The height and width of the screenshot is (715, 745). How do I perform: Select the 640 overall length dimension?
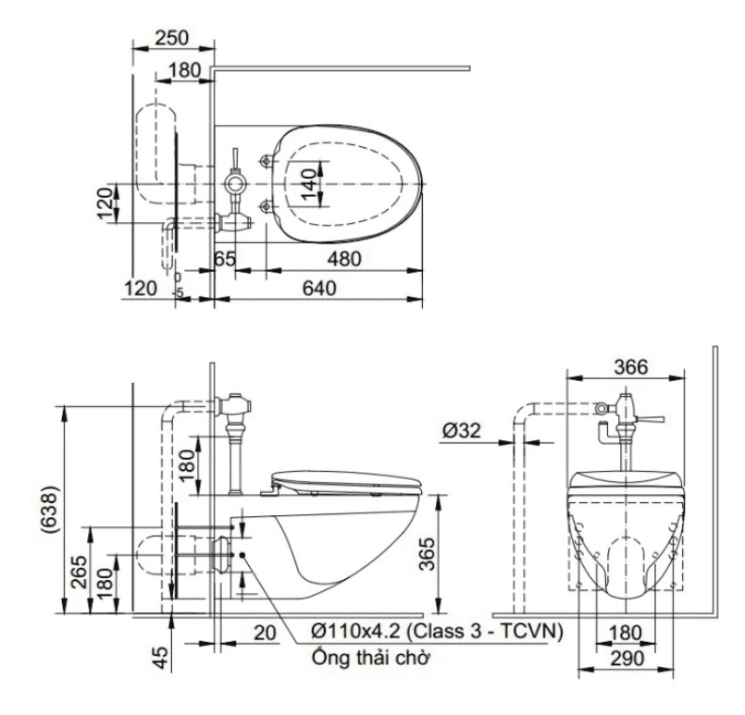pos(317,289)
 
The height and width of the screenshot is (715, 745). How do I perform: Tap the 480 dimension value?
pos(344,260)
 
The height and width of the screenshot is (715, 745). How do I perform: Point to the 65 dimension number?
pos(225,260)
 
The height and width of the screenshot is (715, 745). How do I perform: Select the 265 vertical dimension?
pos(79,576)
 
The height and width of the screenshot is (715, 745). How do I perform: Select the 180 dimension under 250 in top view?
pos(185,68)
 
